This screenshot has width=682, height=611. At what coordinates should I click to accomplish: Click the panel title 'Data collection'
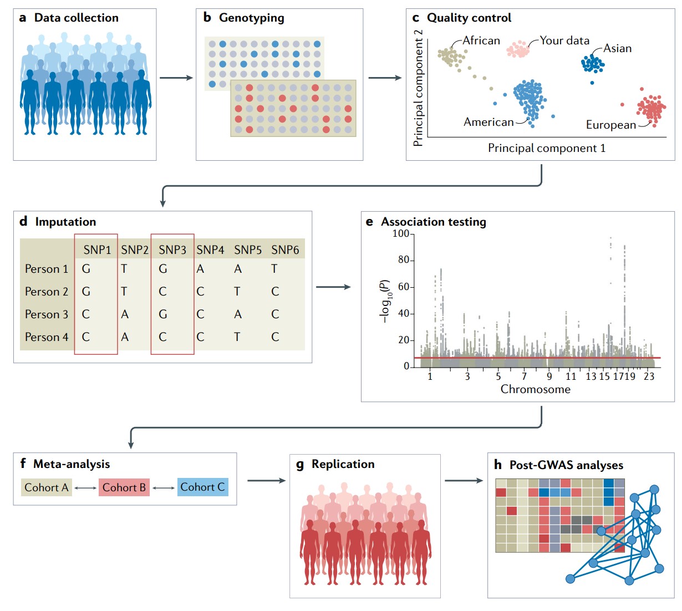76,18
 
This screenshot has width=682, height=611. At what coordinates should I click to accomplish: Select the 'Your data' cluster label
564,40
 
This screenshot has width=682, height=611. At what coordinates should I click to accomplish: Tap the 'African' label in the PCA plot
481,40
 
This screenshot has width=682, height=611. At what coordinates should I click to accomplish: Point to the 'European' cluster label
610,125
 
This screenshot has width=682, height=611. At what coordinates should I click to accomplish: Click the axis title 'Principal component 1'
546,148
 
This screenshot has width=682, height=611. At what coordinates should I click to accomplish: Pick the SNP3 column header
172,250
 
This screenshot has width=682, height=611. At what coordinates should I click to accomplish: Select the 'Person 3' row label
47,314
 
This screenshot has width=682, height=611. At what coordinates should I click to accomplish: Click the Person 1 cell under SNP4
200,269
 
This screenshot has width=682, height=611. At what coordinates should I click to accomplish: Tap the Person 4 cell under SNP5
237,337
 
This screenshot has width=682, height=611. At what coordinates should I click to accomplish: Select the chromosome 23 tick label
649,376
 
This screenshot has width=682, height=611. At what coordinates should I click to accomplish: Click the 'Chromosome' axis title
535,389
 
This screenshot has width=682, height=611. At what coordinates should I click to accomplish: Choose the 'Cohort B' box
124,487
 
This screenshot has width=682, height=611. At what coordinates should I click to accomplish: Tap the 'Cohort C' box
202,487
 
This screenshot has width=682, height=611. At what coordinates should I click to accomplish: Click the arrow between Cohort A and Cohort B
85,488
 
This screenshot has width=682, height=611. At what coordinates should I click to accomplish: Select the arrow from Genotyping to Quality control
385,78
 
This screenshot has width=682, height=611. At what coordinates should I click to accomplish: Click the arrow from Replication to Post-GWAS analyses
464,480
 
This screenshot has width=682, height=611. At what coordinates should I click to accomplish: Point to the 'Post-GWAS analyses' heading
566,465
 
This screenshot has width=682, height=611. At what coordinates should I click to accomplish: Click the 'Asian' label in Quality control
617,48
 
